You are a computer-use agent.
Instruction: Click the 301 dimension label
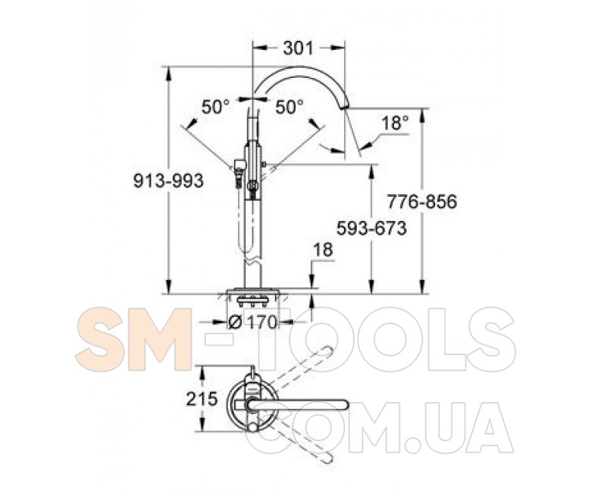(298, 48)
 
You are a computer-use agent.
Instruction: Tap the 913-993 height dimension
(168, 181)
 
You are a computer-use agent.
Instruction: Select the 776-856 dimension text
(422, 202)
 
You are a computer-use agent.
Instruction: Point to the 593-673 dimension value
(371, 228)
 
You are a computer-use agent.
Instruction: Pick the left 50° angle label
(215, 107)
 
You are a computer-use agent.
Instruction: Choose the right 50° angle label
(289, 107)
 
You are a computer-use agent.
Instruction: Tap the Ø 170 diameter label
(253, 322)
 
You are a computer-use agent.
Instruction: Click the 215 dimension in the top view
(202, 399)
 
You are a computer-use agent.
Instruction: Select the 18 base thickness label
(323, 250)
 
